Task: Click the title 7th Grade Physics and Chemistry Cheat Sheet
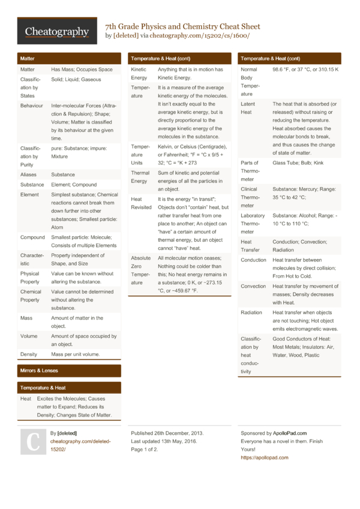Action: pyautogui.click(x=182, y=26)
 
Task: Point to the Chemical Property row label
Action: pyautogui.click(x=30, y=296)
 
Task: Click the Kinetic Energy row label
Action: pyautogui.click(x=139, y=74)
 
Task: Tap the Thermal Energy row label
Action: pyautogui.click(x=140, y=177)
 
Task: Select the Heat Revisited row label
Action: pyautogui.click(x=142, y=203)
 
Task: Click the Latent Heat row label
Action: pyautogui.click(x=247, y=108)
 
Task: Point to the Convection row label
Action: pyautogui.click(x=254, y=286)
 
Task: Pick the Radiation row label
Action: pyautogui.click(x=251, y=312)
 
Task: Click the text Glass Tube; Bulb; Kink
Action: pyautogui.click(x=298, y=162)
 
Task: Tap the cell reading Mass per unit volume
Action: pyautogui.click(x=76, y=354)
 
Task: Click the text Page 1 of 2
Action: pyautogui.click(x=145, y=449)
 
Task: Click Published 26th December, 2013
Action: pyautogui.click(x=167, y=433)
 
